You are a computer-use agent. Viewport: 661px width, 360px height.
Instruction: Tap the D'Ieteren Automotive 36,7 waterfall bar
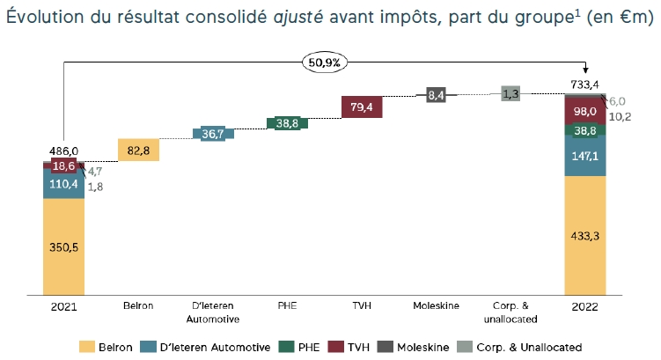pos(213,134)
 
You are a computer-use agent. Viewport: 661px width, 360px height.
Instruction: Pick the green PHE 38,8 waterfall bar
pos(287,124)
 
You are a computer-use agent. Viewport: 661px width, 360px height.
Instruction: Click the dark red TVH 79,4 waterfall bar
pos(362,107)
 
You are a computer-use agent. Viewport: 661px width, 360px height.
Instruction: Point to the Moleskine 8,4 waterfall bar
pos(436,95)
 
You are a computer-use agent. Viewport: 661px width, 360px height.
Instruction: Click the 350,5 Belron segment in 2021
pos(63,247)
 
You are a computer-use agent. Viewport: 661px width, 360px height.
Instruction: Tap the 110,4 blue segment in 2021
pos(63,184)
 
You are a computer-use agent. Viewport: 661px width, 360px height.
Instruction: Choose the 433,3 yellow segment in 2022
pos(584,236)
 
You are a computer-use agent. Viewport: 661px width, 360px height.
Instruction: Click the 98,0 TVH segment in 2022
pos(584,111)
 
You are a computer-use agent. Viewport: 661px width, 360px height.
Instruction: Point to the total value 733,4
pos(584,84)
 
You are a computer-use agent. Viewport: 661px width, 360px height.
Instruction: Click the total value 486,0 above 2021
pos(63,152)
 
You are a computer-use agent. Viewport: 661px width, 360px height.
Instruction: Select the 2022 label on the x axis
pos(584,306)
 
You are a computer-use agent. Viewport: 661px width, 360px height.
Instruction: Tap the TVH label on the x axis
pos(362,306)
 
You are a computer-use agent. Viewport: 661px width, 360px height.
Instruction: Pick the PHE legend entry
pos(302,347)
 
